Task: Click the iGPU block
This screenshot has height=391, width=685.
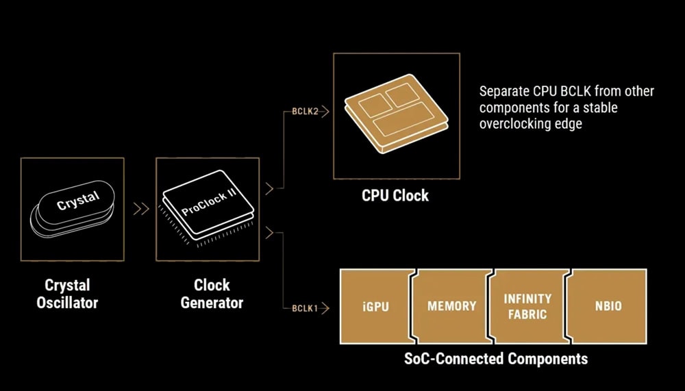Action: (x=376, y=306)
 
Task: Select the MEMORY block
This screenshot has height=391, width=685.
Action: (x=451, y=306)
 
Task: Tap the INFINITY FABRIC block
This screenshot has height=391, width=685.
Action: (x=527, y=306)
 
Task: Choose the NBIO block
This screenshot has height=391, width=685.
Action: (x=607, y=306)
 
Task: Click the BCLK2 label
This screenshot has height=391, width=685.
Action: (x=306, y=112)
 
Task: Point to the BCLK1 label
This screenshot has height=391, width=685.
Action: (x=305, y=308)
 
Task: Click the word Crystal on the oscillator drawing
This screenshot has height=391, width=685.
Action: (x=78, y=201)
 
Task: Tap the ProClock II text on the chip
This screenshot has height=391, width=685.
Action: (x=209, y=203)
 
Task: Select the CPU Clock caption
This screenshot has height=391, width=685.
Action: (x=395, y=195)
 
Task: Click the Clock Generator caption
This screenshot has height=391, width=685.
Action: (x=212, y=294)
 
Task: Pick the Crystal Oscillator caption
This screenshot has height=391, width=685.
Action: (x=67, y=294)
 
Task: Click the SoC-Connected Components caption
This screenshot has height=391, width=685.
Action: (x=496, y=359)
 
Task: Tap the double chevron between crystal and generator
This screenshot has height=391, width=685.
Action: (x=141, y=209)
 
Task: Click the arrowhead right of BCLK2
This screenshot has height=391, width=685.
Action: (x=324, y=112)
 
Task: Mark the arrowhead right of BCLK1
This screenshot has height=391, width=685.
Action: (x=324, y=308)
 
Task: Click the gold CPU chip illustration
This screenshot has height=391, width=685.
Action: (x=396, y=113)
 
